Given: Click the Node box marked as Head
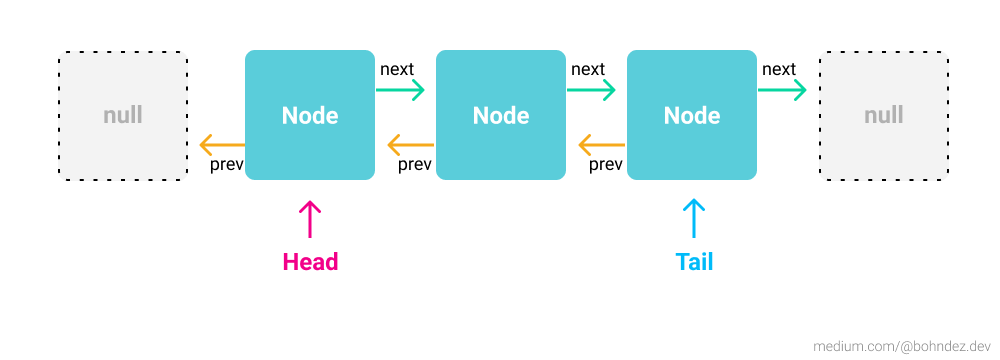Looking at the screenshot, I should pos(310,115).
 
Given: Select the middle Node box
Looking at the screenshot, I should pos(501,115).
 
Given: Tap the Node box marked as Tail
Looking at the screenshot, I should pos(691,115).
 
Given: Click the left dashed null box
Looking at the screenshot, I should pos(123,115).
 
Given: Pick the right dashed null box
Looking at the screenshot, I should pos(884,115).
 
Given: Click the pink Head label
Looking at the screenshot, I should pos(310,262).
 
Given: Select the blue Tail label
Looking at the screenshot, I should pos(694,262).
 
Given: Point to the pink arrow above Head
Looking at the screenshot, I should pos(310,218).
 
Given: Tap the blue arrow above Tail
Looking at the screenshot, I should pos(694,218).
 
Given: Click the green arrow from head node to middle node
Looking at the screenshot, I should pos(400,90).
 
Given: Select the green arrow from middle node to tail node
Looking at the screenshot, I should pos(591,90).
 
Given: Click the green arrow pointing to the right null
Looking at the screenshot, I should pos(782,90).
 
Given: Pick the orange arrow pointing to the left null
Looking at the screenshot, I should pos(221,144).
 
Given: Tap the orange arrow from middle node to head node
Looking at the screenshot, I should pos(411,144).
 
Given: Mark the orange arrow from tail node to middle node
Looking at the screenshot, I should pos(602,144).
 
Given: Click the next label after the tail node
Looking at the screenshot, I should pos(779,69).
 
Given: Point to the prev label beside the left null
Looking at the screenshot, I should pos(227,164).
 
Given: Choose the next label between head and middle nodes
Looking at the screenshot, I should pos(397,69).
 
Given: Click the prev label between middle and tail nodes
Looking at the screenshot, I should pos(606,164).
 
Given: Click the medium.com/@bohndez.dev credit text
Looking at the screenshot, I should pos(900,345).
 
